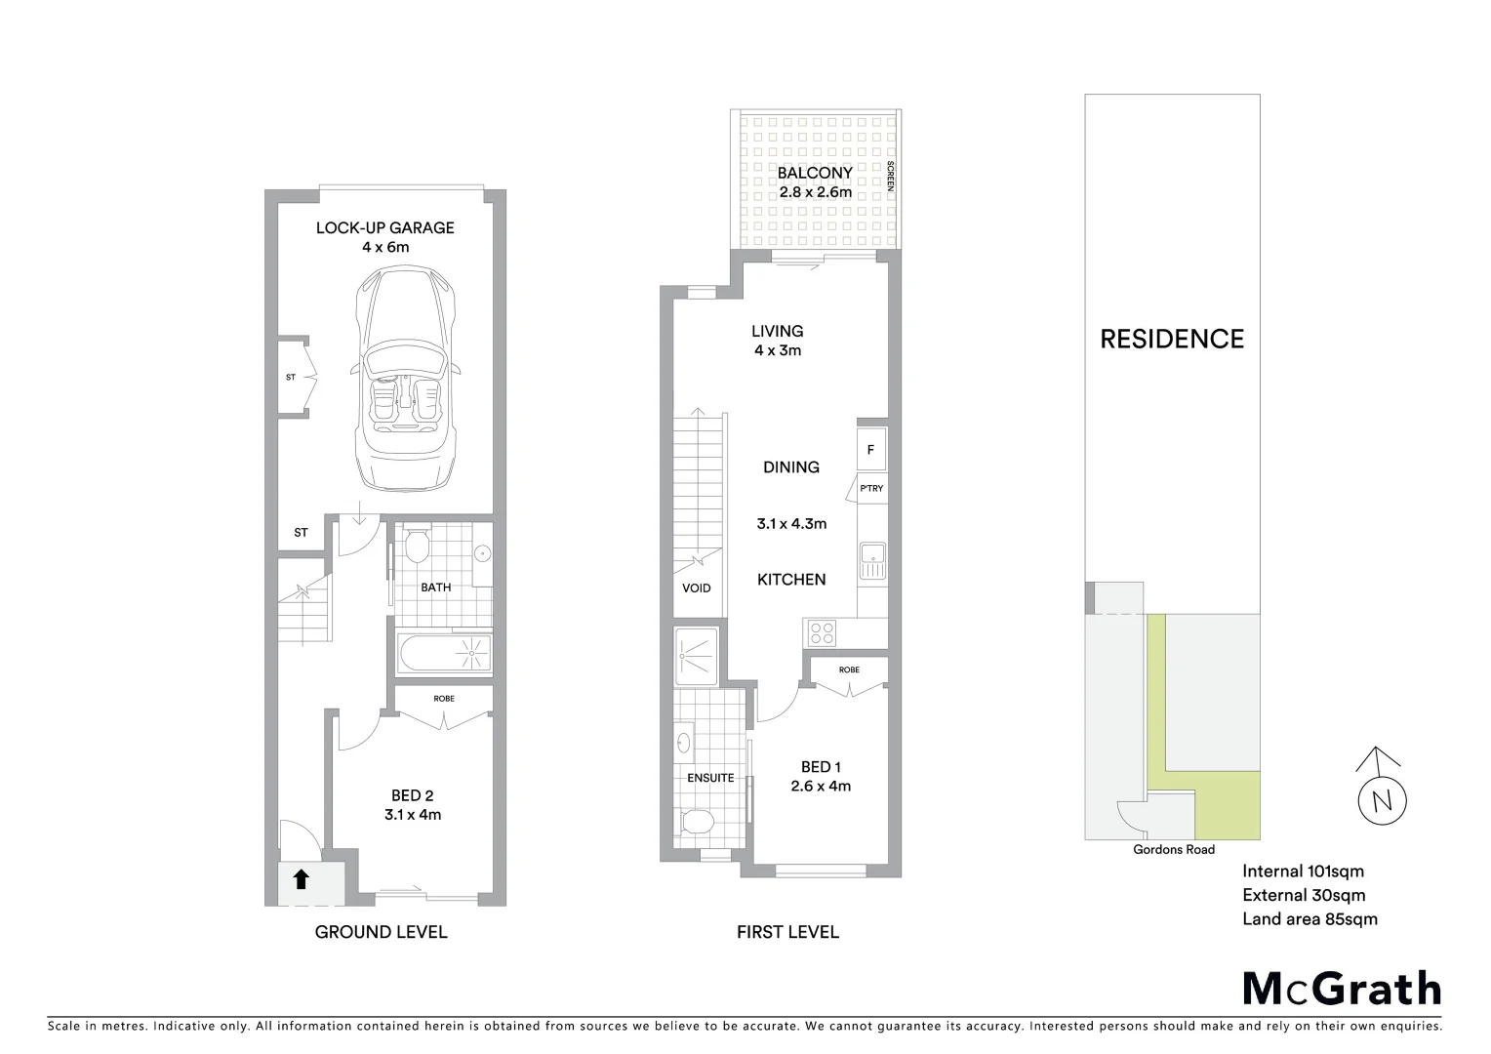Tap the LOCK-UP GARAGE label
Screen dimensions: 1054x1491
click(384, 227)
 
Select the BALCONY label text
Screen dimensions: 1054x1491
click(815, 173)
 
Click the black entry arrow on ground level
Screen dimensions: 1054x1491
click(301, 879)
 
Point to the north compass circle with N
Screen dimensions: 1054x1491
click(1382, 800)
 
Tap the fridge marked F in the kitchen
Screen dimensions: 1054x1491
click(871, 450)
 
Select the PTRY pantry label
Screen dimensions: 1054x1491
click(871, 488)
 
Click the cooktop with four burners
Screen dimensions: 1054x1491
click(822, 632)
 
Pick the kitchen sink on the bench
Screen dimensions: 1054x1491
click(872, 560)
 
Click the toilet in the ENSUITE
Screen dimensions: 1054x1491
click(697, 821)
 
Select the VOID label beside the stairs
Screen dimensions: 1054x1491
click(696, 588)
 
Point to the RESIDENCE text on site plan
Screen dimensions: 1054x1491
click(1172, 339)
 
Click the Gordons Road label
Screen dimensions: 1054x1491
click(1173, 849)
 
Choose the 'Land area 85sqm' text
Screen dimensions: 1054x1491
click(1310, 918)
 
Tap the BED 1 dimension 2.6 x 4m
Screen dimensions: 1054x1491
click(820, 786)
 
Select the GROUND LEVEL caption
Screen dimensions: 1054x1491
click(381, 932)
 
